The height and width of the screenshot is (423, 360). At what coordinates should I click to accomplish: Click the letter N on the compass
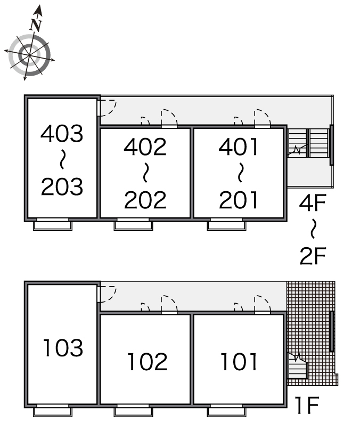coord(36,25)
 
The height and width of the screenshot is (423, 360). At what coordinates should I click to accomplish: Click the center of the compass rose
coord(29,55)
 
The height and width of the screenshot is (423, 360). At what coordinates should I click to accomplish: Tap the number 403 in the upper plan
coord(62,133)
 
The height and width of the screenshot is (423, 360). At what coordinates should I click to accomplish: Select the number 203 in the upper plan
coord(62,186)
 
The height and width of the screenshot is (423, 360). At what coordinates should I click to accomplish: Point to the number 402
coord(145,147)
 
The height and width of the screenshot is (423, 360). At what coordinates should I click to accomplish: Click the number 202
coord(145,200)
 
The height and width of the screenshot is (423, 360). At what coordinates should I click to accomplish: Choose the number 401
coord(239,147)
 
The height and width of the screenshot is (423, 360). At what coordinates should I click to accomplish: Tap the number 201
coord(239,200)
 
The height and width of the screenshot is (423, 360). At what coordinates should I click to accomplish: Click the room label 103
coord(63,347)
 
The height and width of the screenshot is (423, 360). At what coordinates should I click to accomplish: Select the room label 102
coord(147,361)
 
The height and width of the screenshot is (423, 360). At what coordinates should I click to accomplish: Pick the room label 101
coord(239,361)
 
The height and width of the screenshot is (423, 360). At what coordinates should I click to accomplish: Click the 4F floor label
coord(313,202)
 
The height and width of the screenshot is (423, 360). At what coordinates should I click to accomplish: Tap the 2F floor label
coord(313,255)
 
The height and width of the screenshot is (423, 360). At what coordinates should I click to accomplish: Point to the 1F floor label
coord(307,405)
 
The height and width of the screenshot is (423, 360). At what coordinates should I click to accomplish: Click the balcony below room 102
coord(134,412)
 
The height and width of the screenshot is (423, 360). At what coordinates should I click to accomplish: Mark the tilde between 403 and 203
coord(62,159)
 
